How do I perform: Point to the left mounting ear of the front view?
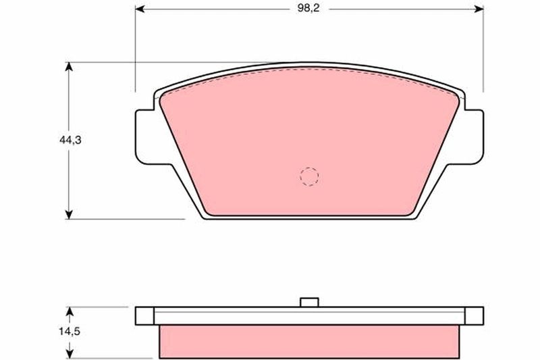pos(147,135)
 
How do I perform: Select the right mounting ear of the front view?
pos(473,135)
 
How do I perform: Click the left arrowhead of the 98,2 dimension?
pos(140,9)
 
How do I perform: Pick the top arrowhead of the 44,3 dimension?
pos(68,67)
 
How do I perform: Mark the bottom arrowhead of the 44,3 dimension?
pos(68,214)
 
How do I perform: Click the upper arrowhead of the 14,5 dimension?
pos(69,311)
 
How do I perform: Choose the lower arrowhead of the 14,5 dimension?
pos(69,353)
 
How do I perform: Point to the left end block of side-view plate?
pos(144,315)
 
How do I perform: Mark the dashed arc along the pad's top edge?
pos(309,70)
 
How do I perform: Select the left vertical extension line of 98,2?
pos(136,47)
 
